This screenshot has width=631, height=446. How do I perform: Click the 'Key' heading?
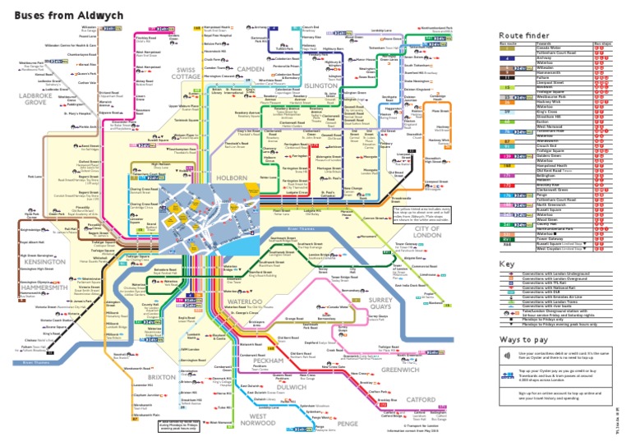point(506,263)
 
